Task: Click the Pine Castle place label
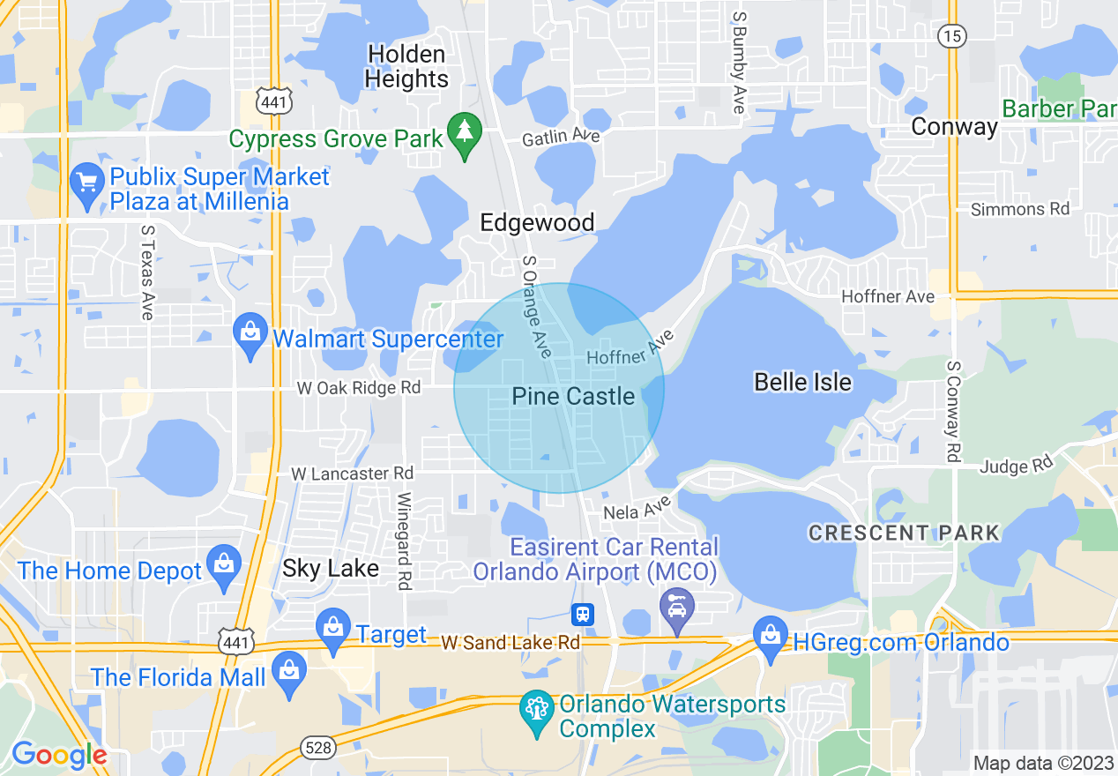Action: [573, 397]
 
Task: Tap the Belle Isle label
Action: [802, 382]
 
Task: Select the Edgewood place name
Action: [537, 222]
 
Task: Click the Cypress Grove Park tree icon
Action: [464, 135]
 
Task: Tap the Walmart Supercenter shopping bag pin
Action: [251, 335]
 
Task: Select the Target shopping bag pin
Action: [333, 630]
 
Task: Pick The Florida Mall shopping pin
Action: [290, 673]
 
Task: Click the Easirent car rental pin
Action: [676, 609]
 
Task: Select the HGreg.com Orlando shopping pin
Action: [770, 638]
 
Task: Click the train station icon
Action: [583, 614]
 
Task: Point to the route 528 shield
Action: [317, 748]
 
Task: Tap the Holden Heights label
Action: [406, 66]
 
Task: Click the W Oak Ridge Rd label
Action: [358, 388]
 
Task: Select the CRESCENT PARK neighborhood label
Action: [904, 533]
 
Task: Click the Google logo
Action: [59, 755]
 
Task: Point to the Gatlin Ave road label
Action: [561, 137]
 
